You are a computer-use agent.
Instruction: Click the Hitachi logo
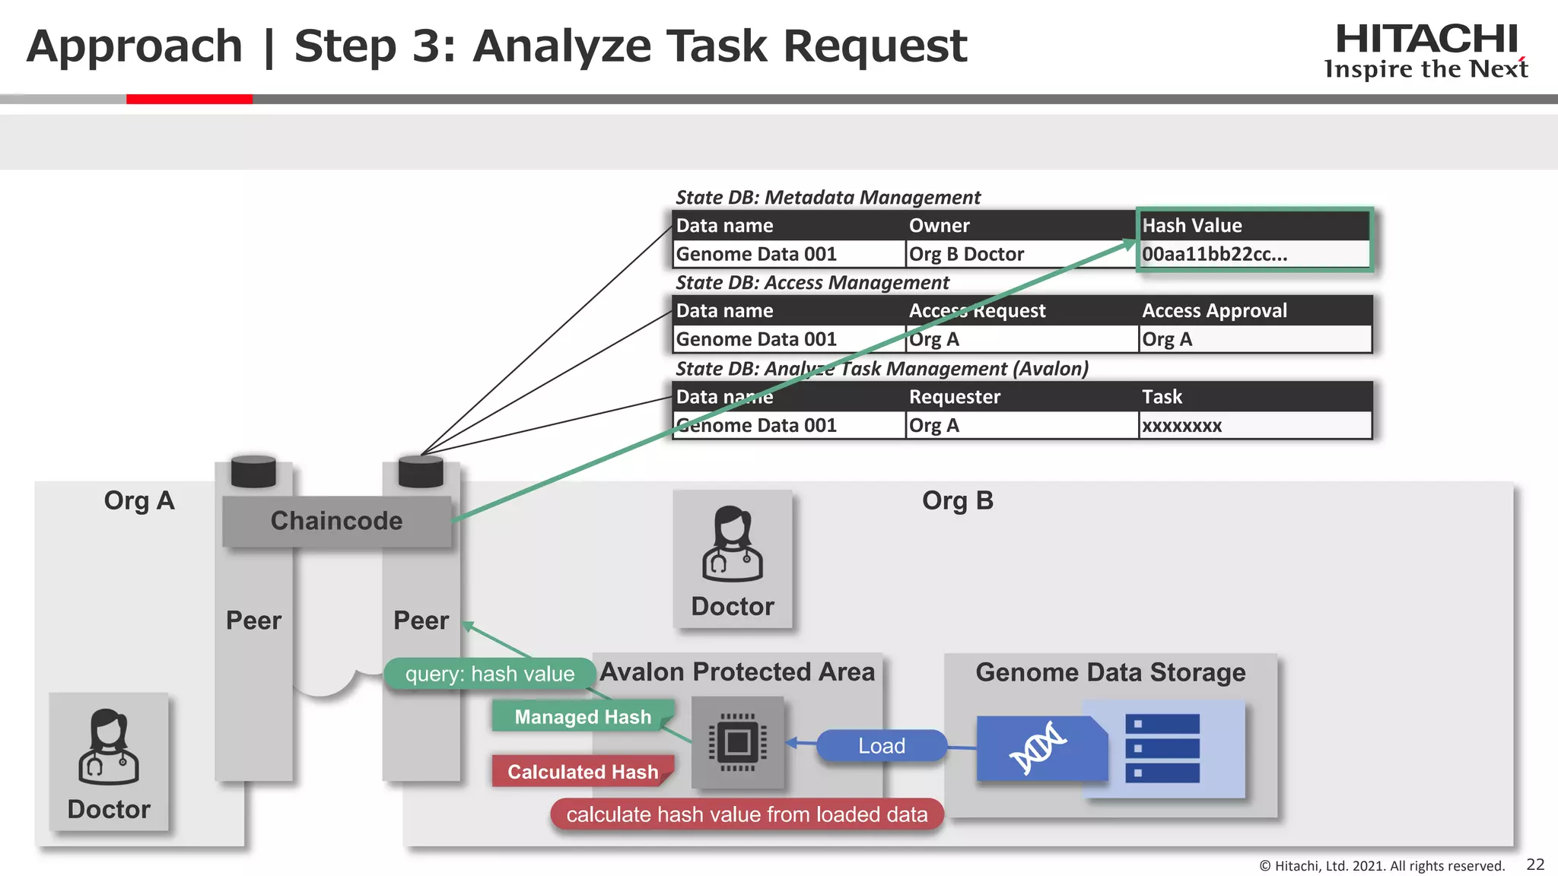[1426, 50]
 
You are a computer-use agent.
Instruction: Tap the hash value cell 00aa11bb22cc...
[1214, 255]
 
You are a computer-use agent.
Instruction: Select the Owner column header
[939, 226]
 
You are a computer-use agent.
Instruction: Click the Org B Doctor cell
[966, 255]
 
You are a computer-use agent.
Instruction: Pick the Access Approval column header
[1214, 311]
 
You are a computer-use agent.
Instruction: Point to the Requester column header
[954, 397]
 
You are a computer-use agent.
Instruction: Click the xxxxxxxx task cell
[1181, 426]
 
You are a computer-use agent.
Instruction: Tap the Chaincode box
[336, 521]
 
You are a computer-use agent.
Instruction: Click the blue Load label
[882, 746]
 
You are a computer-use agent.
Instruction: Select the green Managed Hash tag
[582, 717]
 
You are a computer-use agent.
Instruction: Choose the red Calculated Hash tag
[582, 772]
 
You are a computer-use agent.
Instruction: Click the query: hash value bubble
[489, 674]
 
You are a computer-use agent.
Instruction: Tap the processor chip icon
[737, 742]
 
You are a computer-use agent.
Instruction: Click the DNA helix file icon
[1039, 748]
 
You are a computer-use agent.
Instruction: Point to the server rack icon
[1162, 748]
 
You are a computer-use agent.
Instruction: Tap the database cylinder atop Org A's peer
[253, 471]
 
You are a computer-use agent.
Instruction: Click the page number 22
[1535, 865]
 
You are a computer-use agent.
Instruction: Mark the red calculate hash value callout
[746, 814]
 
